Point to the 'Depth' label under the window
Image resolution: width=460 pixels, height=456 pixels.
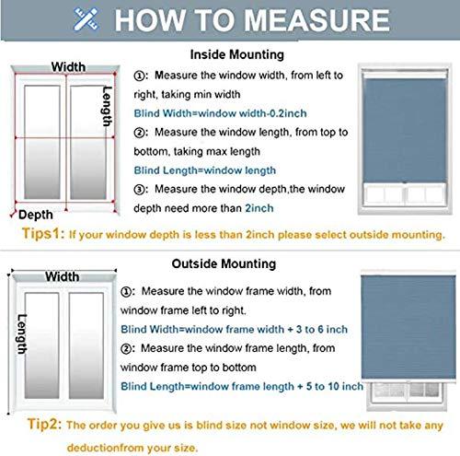click(36, 214)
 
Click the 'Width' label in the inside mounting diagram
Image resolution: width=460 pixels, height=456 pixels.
click(68, 66)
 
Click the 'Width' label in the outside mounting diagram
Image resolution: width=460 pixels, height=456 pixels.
click(62, 276)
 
